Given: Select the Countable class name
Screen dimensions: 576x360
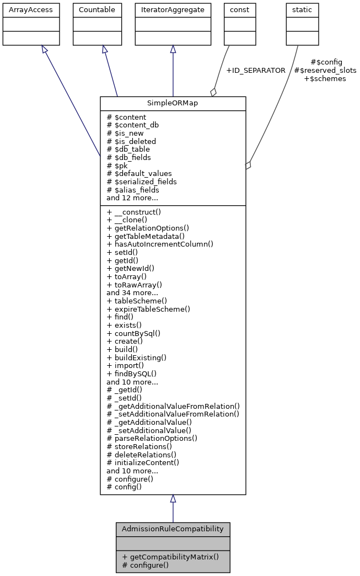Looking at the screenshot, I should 97,10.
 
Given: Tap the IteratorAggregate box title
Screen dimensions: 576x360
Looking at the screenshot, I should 173,10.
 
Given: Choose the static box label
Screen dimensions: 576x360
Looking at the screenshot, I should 302,10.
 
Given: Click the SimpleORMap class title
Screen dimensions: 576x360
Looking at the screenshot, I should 173,104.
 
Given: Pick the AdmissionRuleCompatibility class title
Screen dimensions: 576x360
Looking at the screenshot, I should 173,529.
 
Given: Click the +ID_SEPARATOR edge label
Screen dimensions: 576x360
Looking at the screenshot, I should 256,71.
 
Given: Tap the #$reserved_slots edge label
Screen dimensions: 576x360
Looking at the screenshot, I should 325,71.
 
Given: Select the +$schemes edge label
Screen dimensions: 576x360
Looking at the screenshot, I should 325,79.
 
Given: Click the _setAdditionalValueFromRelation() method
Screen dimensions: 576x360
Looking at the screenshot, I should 173,414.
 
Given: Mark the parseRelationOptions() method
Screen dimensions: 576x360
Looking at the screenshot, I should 152,438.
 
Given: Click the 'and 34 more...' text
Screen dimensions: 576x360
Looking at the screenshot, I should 132,293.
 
